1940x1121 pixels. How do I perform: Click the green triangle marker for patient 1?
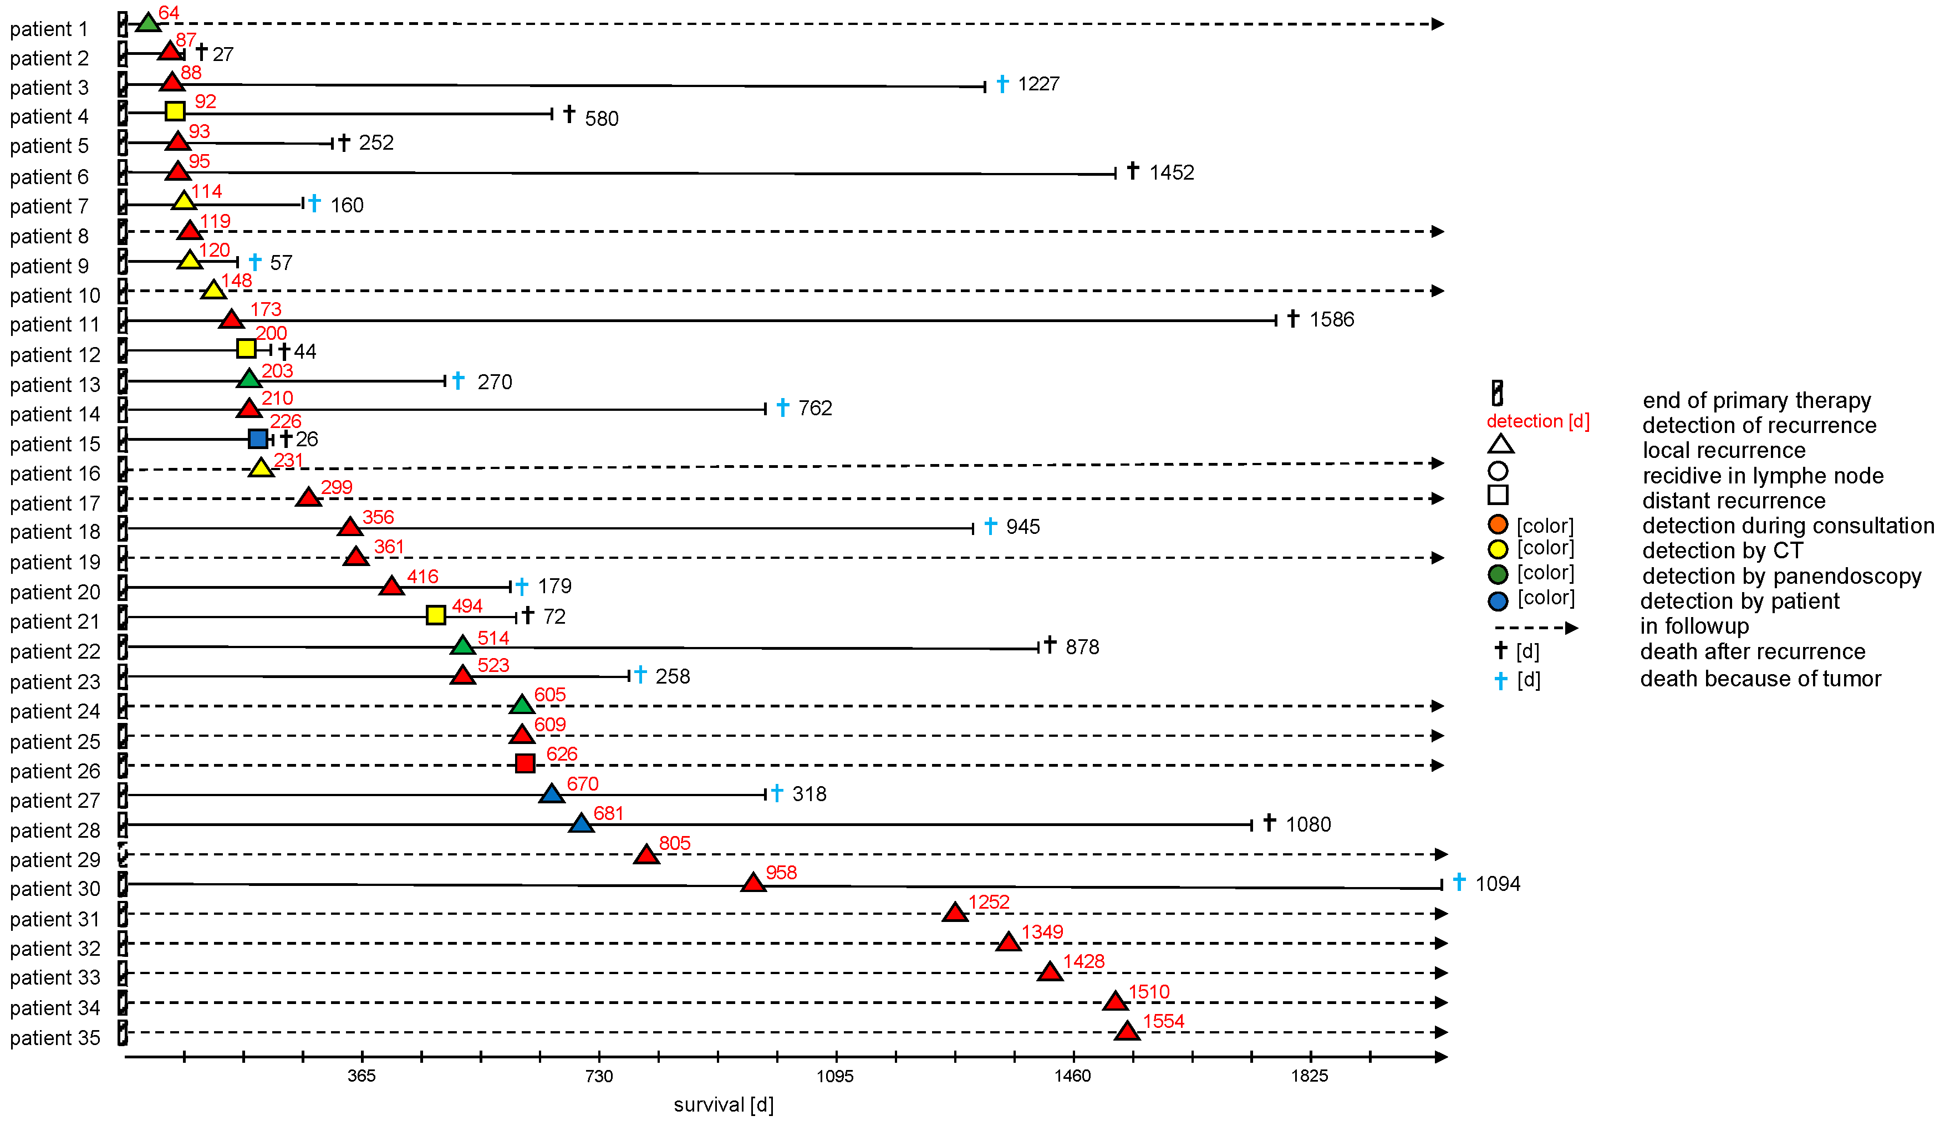(x=148, y=24)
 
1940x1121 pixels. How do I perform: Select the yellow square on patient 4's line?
(x=176, y=111)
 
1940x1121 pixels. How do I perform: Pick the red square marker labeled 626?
(x=525, y=764)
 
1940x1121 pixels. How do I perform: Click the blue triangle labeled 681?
(x=581, y=824)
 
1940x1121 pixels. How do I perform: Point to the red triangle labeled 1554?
(x=1127, y=1032)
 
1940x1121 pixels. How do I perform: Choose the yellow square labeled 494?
(x=436, y=615)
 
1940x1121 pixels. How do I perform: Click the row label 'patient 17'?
(x=55, y=503)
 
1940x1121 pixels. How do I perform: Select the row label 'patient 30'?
(x=55, y=889)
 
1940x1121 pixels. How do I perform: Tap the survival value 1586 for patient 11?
(x=1332, y=319)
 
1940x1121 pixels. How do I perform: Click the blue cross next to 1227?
(x=1002, y=83)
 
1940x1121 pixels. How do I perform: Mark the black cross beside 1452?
(x=1132, y=171)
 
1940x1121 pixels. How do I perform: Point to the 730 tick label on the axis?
(x=599, y=1076)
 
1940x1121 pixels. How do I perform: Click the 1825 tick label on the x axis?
(x=1310, y=1076)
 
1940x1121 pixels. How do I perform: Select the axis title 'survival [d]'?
(x=724, y=1105)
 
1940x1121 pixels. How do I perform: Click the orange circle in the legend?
(x=1498, y=525)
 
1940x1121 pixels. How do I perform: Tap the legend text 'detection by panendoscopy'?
(x=1781, y=577)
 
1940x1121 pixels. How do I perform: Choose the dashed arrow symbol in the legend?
(x=1536, y=628)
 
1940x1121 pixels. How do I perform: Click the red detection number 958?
(x=781, y=872)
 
